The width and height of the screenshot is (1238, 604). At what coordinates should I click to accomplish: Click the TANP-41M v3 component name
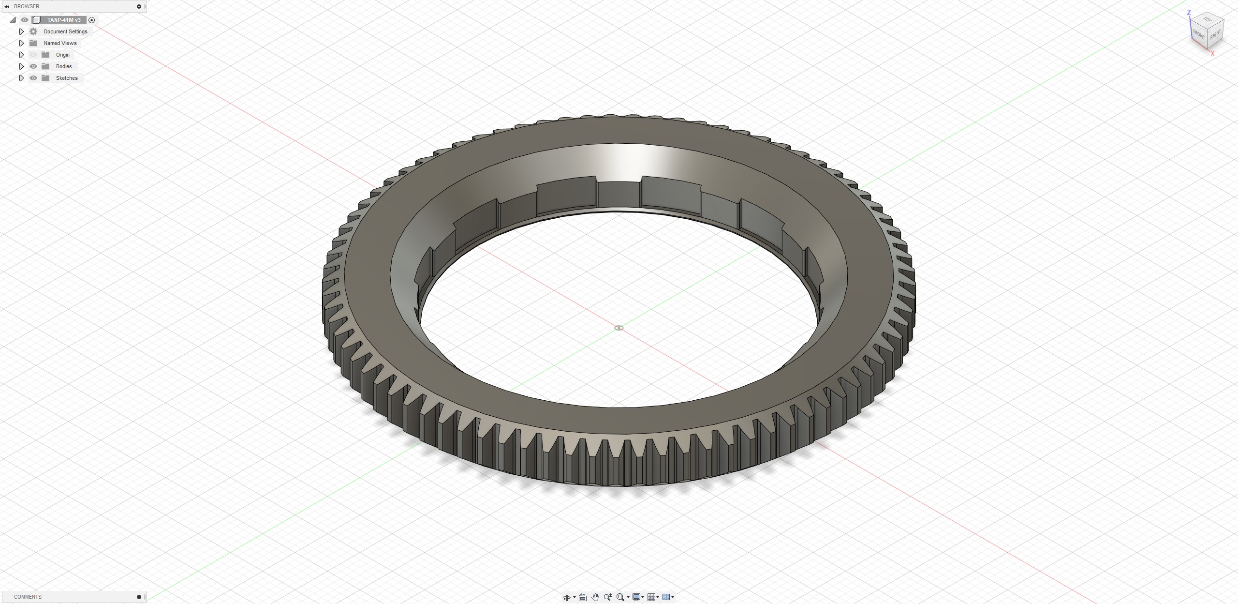(x=64, y=20)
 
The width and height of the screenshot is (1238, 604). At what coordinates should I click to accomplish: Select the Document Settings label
(x=65, y=31)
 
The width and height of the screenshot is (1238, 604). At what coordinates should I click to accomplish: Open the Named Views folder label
(x=60, y=43)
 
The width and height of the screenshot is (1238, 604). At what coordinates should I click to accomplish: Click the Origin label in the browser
(x=62, y=55)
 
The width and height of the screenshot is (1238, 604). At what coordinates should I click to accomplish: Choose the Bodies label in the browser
(x=64, y=66)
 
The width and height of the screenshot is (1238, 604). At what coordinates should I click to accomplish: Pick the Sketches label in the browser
(x=67, y=78)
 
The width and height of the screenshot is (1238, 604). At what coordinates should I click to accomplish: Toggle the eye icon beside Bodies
(x=33, y=66)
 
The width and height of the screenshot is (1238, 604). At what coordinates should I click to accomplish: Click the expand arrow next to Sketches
(x=21, y=78)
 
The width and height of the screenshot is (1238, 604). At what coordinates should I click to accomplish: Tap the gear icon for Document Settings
(x=33, y=31)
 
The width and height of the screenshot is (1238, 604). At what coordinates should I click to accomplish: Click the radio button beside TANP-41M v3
(x=91, y=20)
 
